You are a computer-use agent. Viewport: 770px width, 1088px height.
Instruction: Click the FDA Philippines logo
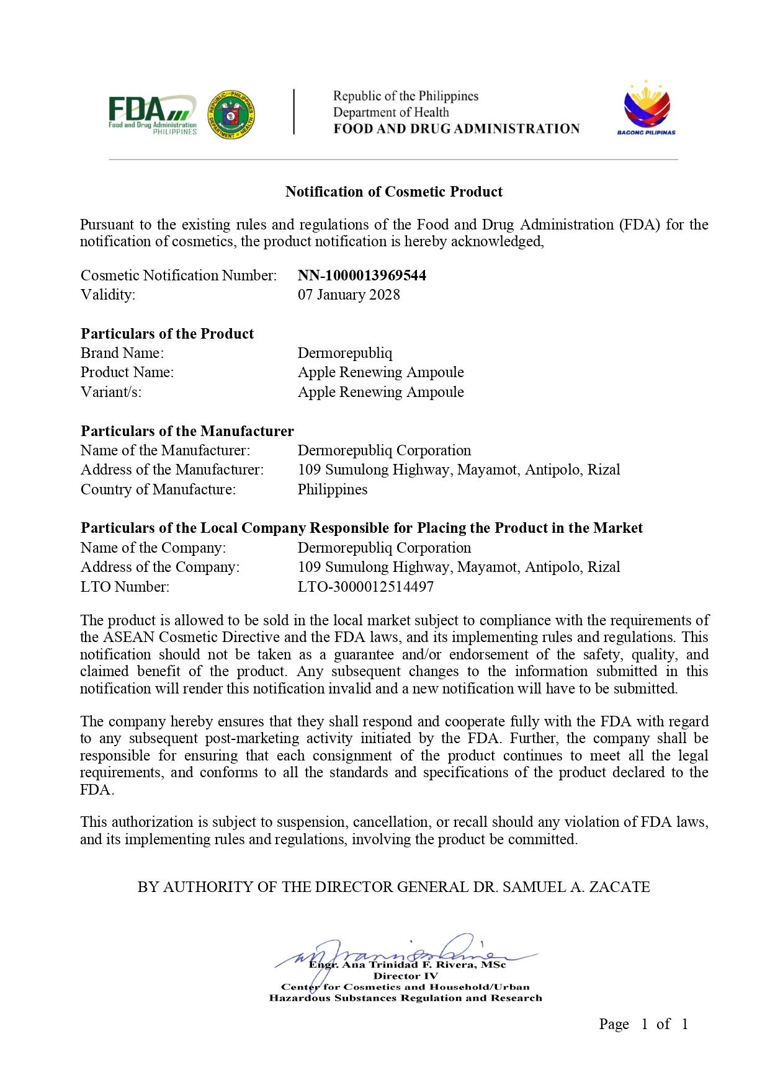(153, 114)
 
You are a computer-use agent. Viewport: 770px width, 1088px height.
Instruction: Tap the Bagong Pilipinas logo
(646, 109)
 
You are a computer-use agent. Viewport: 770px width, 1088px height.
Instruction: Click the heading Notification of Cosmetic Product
(393, 192)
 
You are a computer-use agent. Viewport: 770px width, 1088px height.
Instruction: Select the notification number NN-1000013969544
(362, 275)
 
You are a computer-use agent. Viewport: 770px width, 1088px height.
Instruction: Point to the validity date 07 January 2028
(349, 295)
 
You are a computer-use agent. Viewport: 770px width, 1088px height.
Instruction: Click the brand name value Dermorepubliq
(345, 353)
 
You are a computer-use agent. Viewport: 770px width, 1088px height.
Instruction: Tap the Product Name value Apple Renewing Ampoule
(380, 372)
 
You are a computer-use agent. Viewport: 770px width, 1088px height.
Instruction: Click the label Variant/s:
(111, 392)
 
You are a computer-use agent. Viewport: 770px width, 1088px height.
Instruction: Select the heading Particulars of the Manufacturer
(187, 431)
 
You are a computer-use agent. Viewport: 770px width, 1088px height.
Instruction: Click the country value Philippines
(333, 489)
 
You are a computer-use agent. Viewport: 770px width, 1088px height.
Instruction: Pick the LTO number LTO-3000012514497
(365, 586)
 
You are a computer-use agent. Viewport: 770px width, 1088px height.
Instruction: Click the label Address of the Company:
(160, 567)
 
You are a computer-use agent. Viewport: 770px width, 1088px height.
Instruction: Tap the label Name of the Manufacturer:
(166, 450)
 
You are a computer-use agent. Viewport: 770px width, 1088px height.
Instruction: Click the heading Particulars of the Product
(168, 334)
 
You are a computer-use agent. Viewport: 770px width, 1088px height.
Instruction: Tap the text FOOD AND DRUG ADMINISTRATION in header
(456, 129)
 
